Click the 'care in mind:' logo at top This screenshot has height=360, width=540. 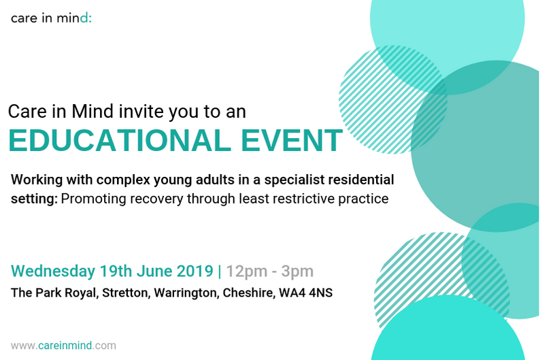point(51,18)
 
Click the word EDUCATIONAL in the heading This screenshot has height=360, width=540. point(120,140)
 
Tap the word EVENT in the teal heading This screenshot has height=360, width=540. point(292,140)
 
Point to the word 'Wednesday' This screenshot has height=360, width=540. point(53,271)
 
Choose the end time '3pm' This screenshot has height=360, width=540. point(297,271)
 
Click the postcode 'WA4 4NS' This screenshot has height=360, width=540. point(306,293)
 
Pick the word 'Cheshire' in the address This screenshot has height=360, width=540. point(249,293)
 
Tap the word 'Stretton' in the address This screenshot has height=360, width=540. point(126,293)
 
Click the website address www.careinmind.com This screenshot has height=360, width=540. point(63,346)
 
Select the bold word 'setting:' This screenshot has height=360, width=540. point(34,199)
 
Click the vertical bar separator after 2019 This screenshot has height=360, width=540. point(220,271)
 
